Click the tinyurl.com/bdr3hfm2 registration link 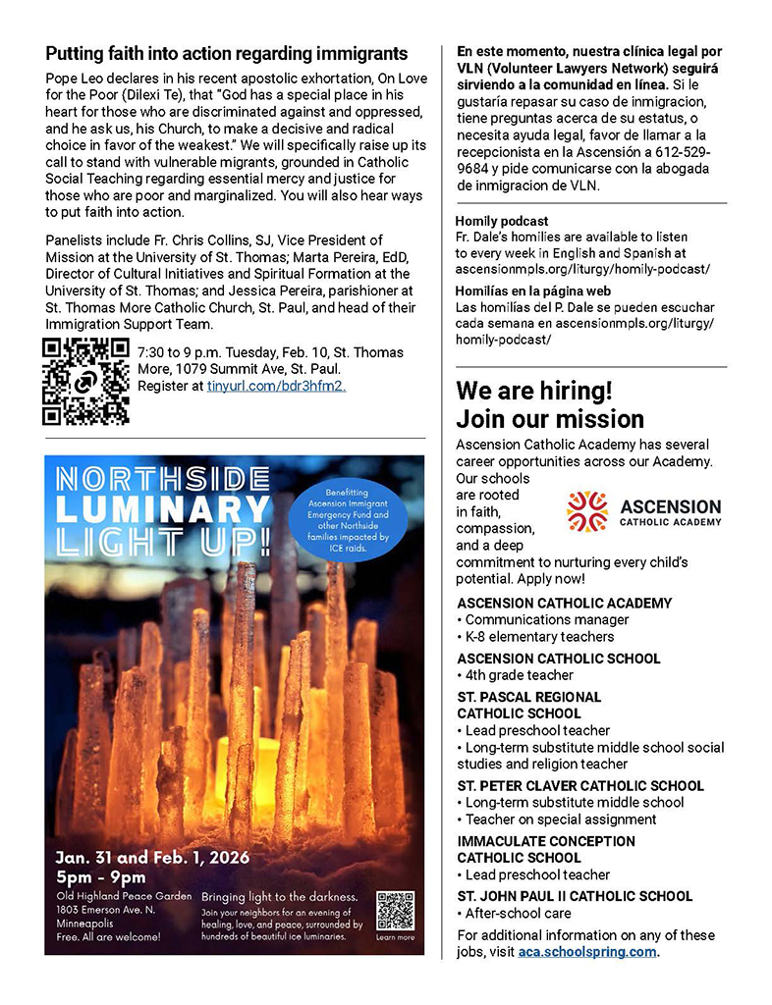(x=276, y=387)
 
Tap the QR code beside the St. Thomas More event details (x=85, y=382)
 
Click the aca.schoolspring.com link (x=587, y=952)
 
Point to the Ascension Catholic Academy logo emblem (x=586, y=511)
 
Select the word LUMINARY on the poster (x=163, y=509)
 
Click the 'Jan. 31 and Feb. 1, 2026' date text (x=152, y=857)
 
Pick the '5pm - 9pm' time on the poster (x=101, y=877)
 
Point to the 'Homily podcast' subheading (x=502, y=221)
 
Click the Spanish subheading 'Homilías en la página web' (x=533, y=291)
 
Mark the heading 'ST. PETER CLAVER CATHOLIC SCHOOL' (x=580, y=786)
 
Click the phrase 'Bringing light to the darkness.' (x=279, y=897)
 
